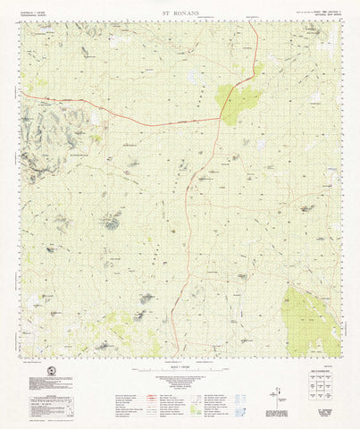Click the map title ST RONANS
coord(179,12)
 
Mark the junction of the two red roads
coord(221,118)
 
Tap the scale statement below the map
coord(179,368)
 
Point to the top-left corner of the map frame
coord(21,22)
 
